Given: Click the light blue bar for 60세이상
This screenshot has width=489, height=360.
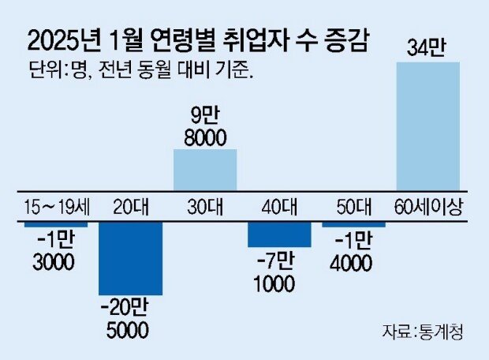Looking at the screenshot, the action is click(x=427, y=126).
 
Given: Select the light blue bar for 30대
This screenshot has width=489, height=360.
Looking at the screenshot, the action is click(x=205, y=170).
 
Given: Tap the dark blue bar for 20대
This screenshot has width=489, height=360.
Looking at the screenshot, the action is click(x=131, y=258).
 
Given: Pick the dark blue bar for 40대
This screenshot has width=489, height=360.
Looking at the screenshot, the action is click(x=279, y=234).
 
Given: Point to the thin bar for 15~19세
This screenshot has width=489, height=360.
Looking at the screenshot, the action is click(x=56, y=224).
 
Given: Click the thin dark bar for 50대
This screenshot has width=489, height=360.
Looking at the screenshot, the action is click(x=353, y=224).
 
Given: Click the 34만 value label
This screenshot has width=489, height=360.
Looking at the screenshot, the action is click(x=426, y=48).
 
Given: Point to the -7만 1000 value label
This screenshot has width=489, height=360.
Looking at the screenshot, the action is click(x=274, y=272).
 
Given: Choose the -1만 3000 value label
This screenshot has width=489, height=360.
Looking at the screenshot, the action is click(x=54, y=251).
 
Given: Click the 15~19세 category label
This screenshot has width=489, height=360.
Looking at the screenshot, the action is click(x=57, y=207).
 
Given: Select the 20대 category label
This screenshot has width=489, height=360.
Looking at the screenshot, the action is click(x=131, y=207).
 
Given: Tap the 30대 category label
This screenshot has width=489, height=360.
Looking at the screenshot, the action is click(x=205, y=207).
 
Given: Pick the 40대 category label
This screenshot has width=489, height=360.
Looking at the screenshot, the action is click(x=279, y=207).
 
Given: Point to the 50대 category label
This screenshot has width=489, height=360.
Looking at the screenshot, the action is click(x=354, y=207).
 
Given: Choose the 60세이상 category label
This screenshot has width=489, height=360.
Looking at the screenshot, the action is click(x=428, y=207).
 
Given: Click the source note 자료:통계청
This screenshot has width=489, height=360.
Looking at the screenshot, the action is click(x=423, y=332).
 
